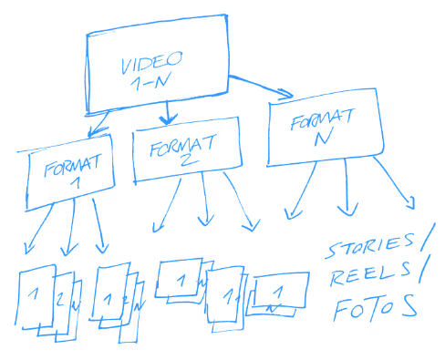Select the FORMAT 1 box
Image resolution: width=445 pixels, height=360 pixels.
(x=71, y=173)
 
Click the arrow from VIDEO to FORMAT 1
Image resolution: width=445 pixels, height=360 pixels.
(x=98, y=124)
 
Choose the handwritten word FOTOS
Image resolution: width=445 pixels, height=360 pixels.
(x=375, y=307)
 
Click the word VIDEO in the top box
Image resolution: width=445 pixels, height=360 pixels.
(x=151, y=64)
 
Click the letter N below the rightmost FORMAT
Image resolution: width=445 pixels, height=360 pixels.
(x=319, y=139)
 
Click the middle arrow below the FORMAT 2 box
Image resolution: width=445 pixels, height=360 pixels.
(x=206, y=205)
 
